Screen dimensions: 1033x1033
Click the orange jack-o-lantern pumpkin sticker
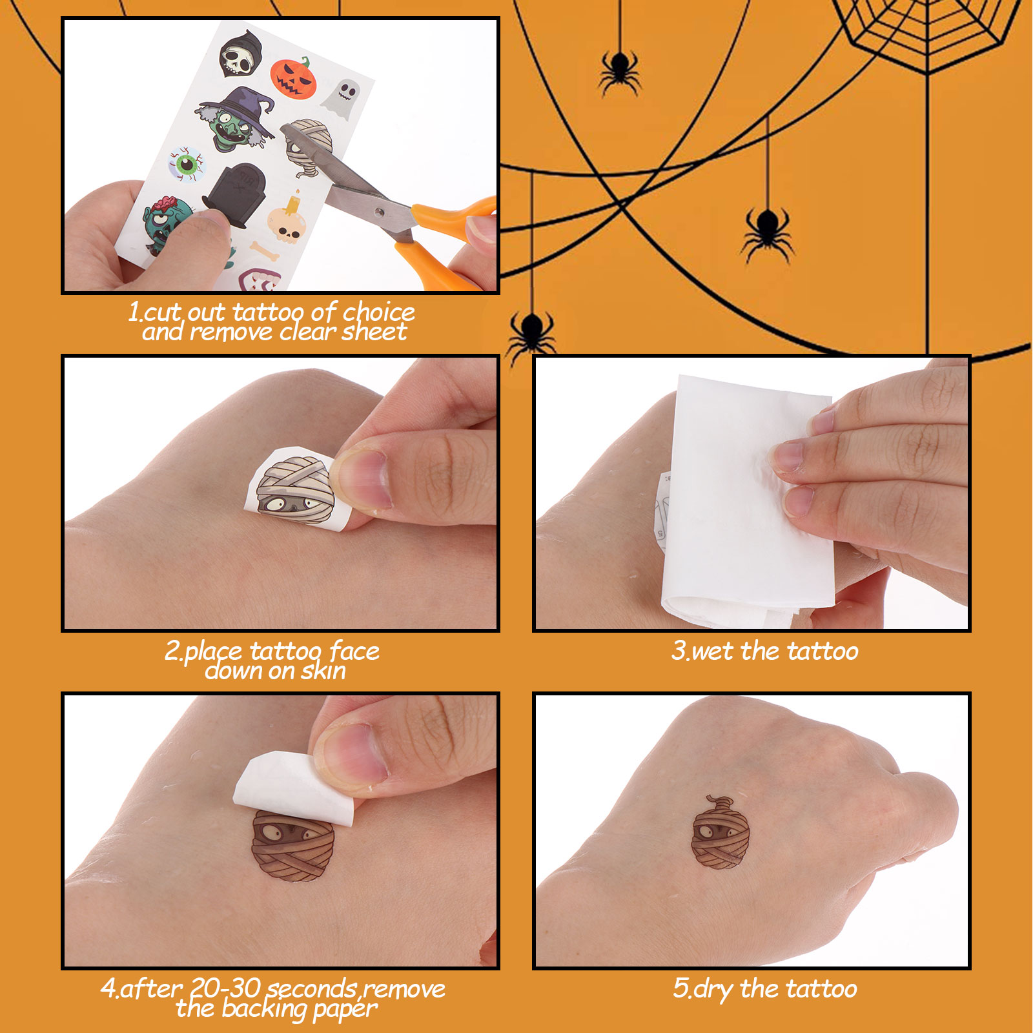pos(294,77)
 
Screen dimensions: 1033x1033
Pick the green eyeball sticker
pos(187,164)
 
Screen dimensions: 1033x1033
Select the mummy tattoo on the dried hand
pos(720,833)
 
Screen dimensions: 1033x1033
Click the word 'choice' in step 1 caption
pos(378,312)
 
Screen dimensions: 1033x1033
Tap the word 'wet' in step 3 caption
pos(713,651)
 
